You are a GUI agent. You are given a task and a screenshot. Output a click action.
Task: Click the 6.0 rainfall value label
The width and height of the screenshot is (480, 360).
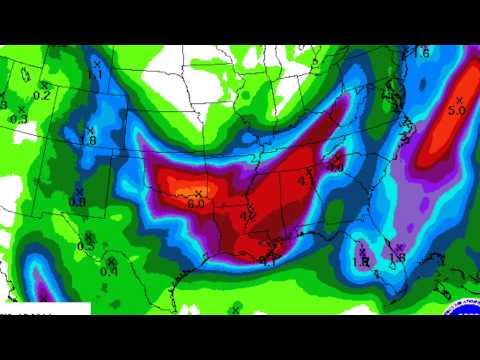pyautogui.click(x=195, y=203)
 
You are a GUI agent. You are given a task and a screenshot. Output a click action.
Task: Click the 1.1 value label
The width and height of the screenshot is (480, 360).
pyautogui.click(x=96, y=73)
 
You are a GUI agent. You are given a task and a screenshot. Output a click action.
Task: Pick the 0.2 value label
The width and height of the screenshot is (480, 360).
pyautogui.click(x=42, y=96)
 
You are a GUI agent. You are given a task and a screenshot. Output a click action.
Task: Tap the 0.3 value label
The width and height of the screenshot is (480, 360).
pyautogui.click(x=18, y=119)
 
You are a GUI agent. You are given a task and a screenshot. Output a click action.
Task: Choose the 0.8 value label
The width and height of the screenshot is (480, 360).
pyautogui.click(x=77, y=201)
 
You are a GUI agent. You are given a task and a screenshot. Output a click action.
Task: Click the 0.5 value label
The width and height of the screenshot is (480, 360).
pyautogui.click(x=86, y=245)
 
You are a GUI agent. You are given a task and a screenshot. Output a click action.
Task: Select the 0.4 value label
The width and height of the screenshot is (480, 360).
pyautogui.click(x=108, y=271)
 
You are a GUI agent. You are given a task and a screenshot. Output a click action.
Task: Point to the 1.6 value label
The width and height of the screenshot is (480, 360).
pyautogui.click(x=423, y=52)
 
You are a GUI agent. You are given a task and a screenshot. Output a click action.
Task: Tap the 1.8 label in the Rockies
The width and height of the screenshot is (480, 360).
pyautogui.click(x=88, y=141)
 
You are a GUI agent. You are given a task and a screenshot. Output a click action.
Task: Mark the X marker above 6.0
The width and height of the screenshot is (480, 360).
pyautogui.click(x=198, y=192)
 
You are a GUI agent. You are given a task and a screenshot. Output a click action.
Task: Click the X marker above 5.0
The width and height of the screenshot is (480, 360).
pyautogui.click(x=460, y=100)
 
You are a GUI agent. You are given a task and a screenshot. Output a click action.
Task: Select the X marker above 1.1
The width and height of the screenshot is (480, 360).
pyautogui.click(x=96, y=62)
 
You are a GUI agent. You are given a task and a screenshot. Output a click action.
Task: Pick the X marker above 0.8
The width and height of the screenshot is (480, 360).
pyautogui.click(x=78, y=190)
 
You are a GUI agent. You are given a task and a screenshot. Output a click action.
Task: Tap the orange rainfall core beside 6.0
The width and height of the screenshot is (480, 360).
pyautogui.click(x=180, y=190)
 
